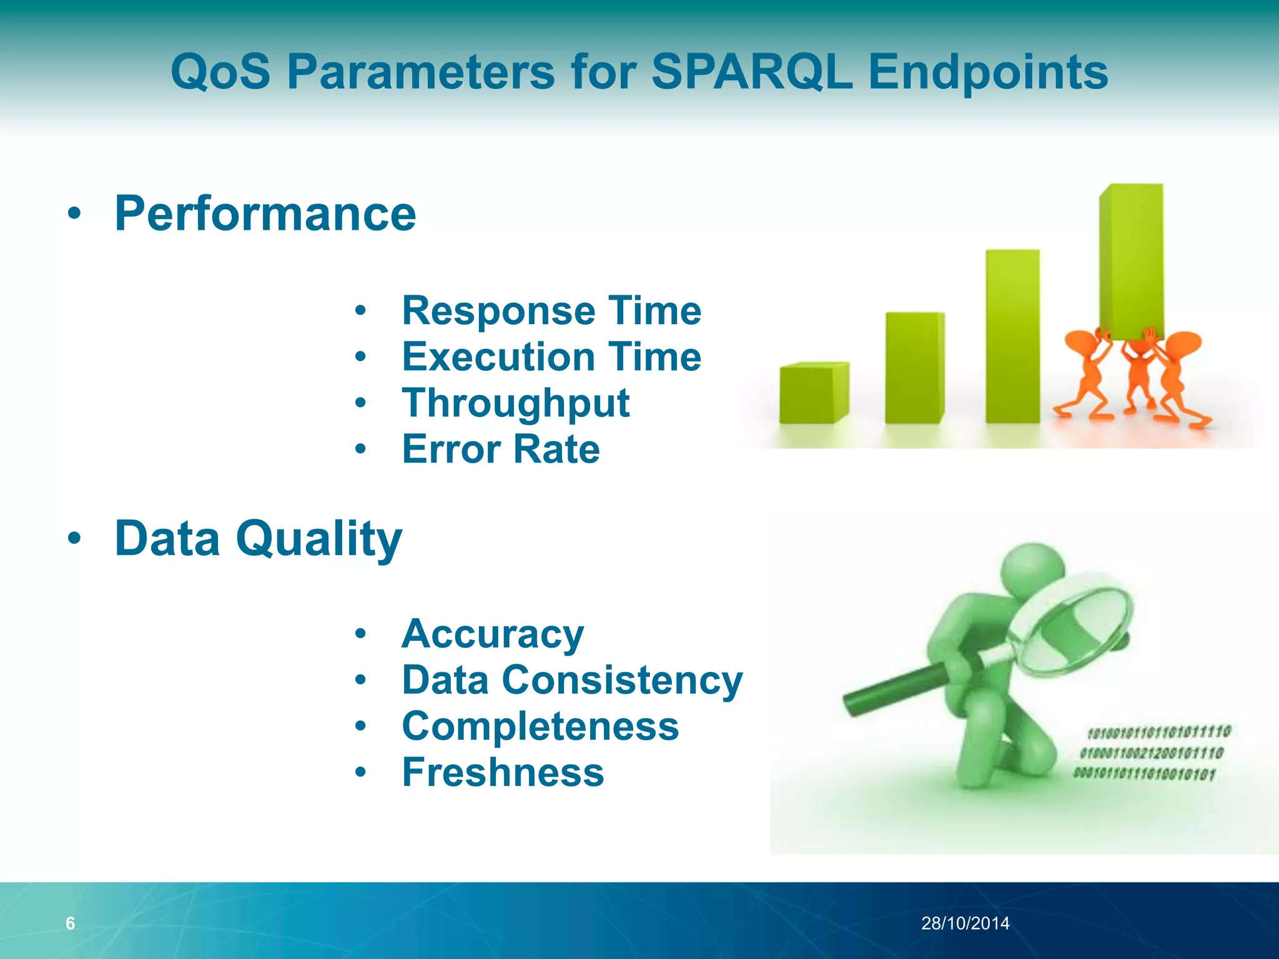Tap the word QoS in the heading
point(220,72)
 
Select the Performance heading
point(265,214)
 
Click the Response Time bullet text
point(551,310)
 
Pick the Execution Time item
point(551,357)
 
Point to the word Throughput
point(516,403)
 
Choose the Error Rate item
point(501,449)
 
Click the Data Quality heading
point(259,538)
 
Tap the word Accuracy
point(493,634)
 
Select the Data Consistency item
point(572,680)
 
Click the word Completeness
point(540,726)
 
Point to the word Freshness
point(503,772)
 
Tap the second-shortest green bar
point(914,368)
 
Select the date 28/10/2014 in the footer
point(965,923)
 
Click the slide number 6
point(71,923)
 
